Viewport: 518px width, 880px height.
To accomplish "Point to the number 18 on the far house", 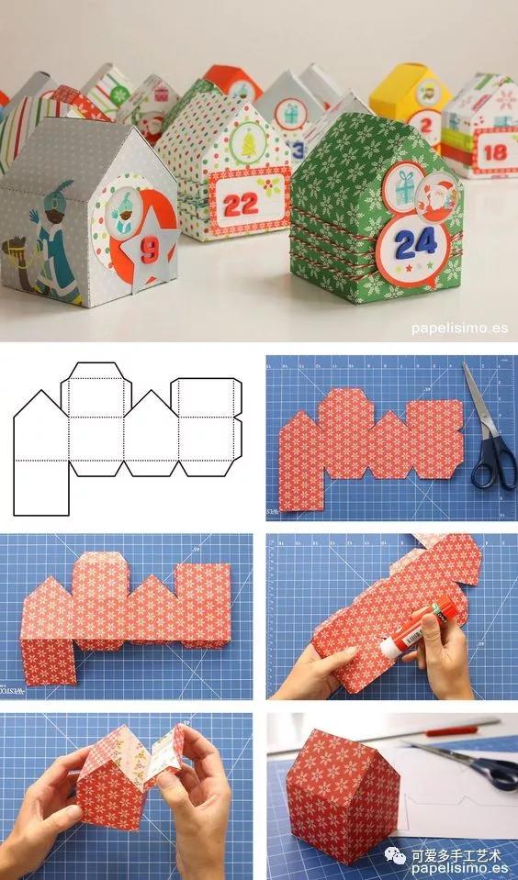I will pyautogui.click(x=493, y=152).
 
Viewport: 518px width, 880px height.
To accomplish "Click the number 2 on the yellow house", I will pyautogui.click(x=425, y=120).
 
